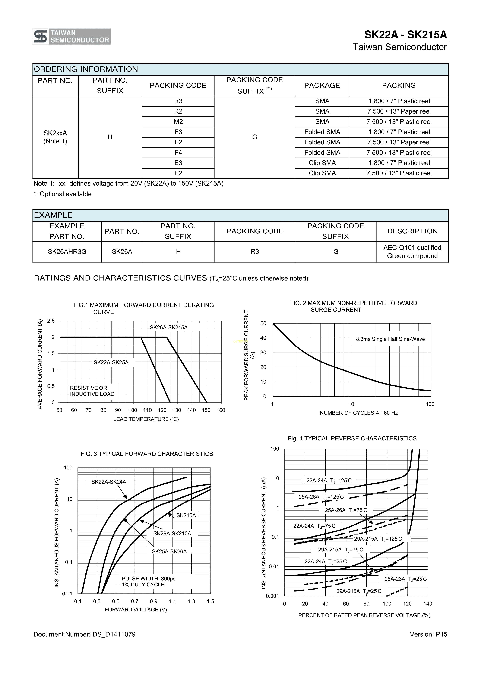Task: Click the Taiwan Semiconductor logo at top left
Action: [x=71, y=36]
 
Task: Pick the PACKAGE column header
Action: [x=322, y=85]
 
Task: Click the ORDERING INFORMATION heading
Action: [x=86, y=69]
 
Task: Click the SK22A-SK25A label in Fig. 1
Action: [x=111, y=363]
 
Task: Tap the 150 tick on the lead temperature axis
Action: [x=206, y=410]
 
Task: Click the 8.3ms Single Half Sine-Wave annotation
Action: [x=390, y=339]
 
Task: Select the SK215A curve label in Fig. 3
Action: [x=186, y=515]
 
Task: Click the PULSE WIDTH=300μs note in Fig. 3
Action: [x=148, y=578]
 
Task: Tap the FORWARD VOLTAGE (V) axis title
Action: [x=136, y=610]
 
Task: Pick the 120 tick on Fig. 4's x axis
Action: [x=407, y=604]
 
